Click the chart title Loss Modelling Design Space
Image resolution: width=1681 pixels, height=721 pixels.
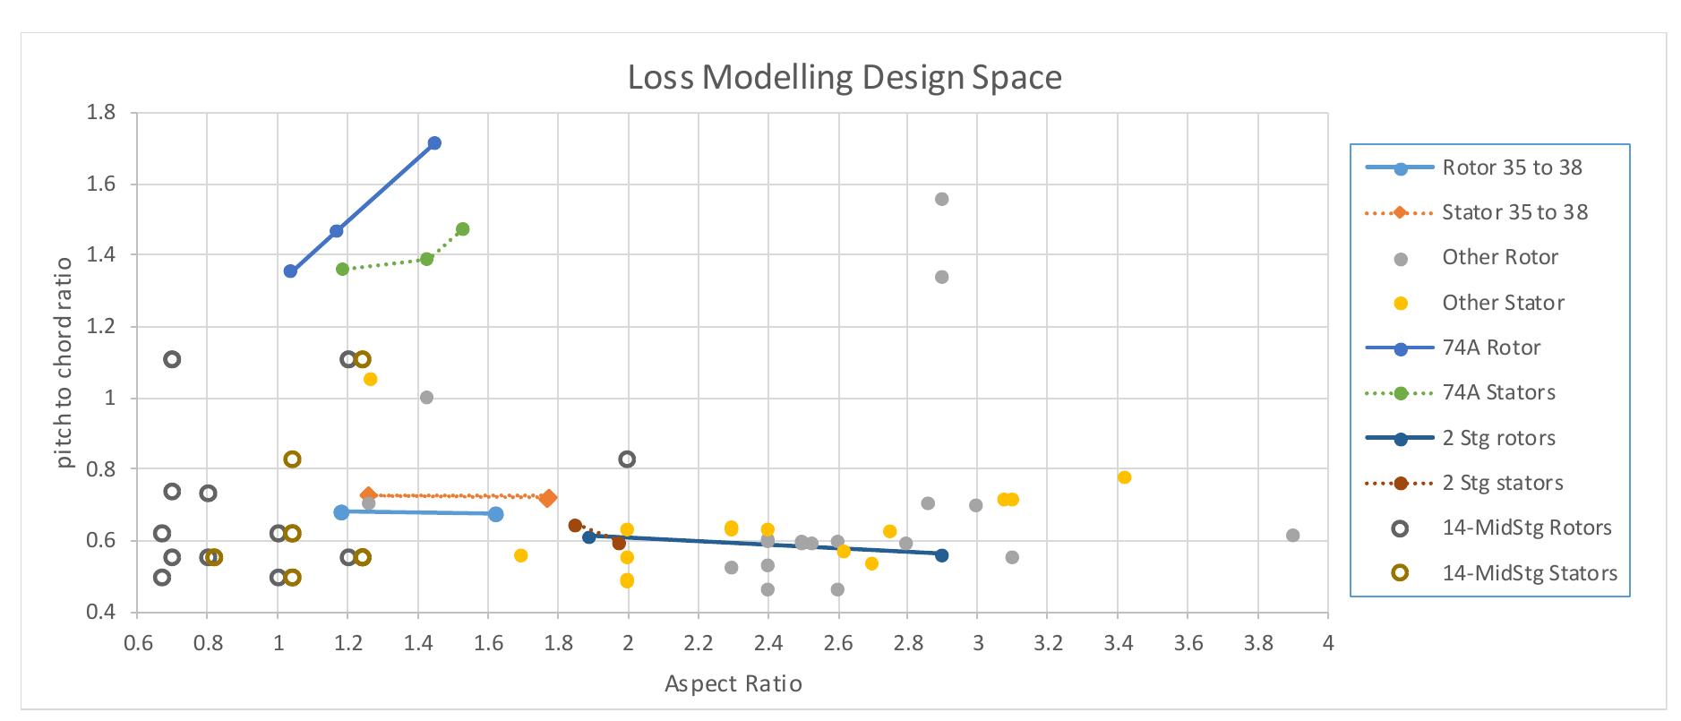coord(844,78)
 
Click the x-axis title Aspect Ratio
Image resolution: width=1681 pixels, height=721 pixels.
coord(733,684)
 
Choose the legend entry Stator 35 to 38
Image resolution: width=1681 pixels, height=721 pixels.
coord(1514,212)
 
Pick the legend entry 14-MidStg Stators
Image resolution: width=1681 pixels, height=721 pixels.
coord(1529,573)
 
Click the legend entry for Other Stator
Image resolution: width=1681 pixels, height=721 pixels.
coord(1502,303)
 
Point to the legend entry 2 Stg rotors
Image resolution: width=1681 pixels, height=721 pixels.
coord(1497,438)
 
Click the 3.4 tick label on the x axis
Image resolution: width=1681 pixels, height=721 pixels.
coord(1117,643)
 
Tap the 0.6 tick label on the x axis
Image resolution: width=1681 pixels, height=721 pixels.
coord(137,643)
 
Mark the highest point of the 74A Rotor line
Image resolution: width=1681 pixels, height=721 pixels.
coord(434,143)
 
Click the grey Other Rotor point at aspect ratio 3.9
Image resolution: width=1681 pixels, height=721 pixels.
coord(1292,536)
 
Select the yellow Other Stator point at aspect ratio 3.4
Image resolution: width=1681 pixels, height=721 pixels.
coord(1124,477)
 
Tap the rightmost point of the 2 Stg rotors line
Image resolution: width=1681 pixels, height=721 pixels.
coord(941,555)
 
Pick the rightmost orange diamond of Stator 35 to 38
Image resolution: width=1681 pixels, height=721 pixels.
coord(548,498)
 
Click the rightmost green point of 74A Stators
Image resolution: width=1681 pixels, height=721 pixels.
coord(462,229)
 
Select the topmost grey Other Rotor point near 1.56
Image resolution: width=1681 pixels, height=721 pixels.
coord(941,199)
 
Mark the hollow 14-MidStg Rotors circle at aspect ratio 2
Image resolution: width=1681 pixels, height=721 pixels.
coord(627,459)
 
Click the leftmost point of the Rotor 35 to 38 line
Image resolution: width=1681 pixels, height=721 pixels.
coord(341,512)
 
